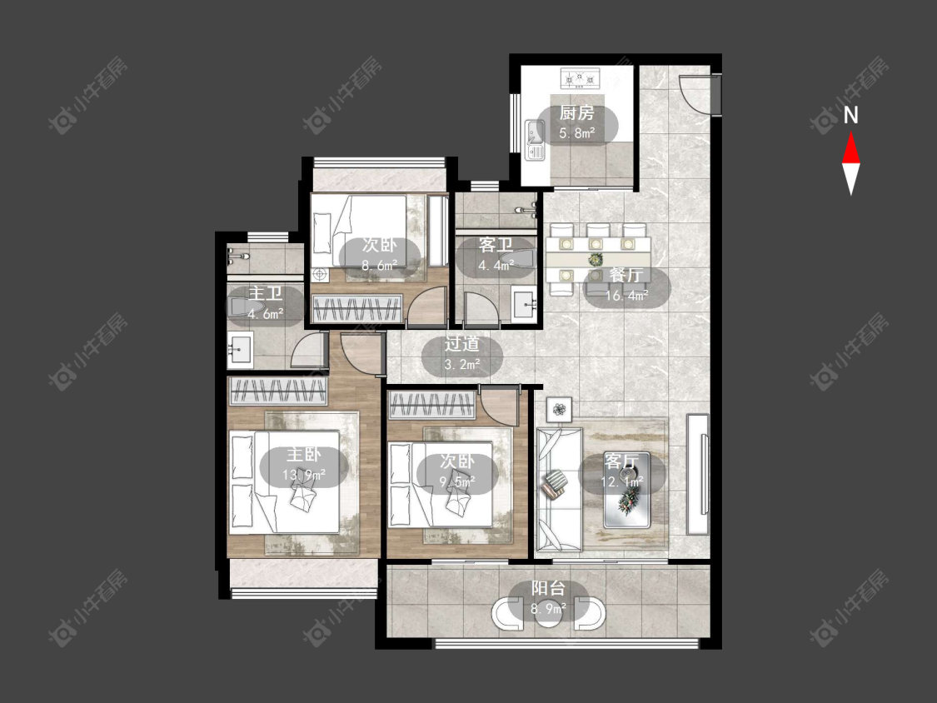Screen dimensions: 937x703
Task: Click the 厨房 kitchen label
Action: click(576, 112)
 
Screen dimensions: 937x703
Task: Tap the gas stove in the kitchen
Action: click(580, 77)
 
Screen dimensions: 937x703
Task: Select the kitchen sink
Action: click(534, 141)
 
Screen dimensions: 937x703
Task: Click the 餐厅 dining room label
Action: click(626, 275)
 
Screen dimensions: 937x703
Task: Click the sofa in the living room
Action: click(560, 488)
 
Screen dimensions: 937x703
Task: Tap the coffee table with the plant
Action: click(626, 491)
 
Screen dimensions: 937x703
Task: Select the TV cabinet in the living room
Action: click(697, 473)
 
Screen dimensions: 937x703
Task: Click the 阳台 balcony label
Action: click(548, 588)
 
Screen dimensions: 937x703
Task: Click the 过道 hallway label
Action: click(462, 344)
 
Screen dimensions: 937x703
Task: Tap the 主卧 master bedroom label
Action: click(303, 454)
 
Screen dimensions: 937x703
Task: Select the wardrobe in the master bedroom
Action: click(278, 391)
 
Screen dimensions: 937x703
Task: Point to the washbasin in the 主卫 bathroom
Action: click(240, 349)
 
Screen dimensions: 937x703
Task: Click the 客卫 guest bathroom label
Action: click(496, 245)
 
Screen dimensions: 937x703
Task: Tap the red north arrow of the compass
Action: click(851, 147)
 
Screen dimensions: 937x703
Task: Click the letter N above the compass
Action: click(851, 115)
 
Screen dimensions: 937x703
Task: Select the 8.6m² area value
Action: click(380, 265)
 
